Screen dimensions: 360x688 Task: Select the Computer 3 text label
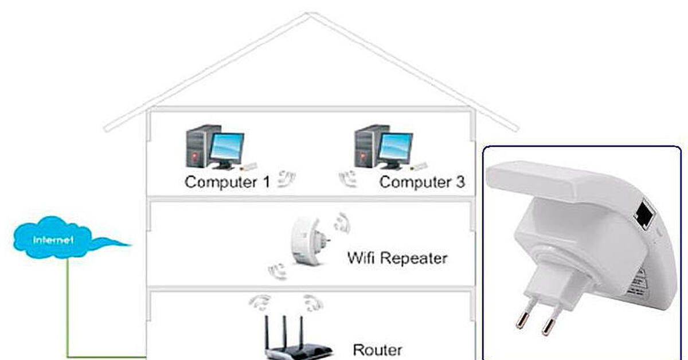[x=422, y=182]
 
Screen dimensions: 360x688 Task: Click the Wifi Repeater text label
[x=397, y=258]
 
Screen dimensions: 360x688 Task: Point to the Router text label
[x=377, y=349]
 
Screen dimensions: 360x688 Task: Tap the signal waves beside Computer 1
[x=286, y=179]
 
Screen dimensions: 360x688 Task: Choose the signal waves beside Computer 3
[x=347, y=179]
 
